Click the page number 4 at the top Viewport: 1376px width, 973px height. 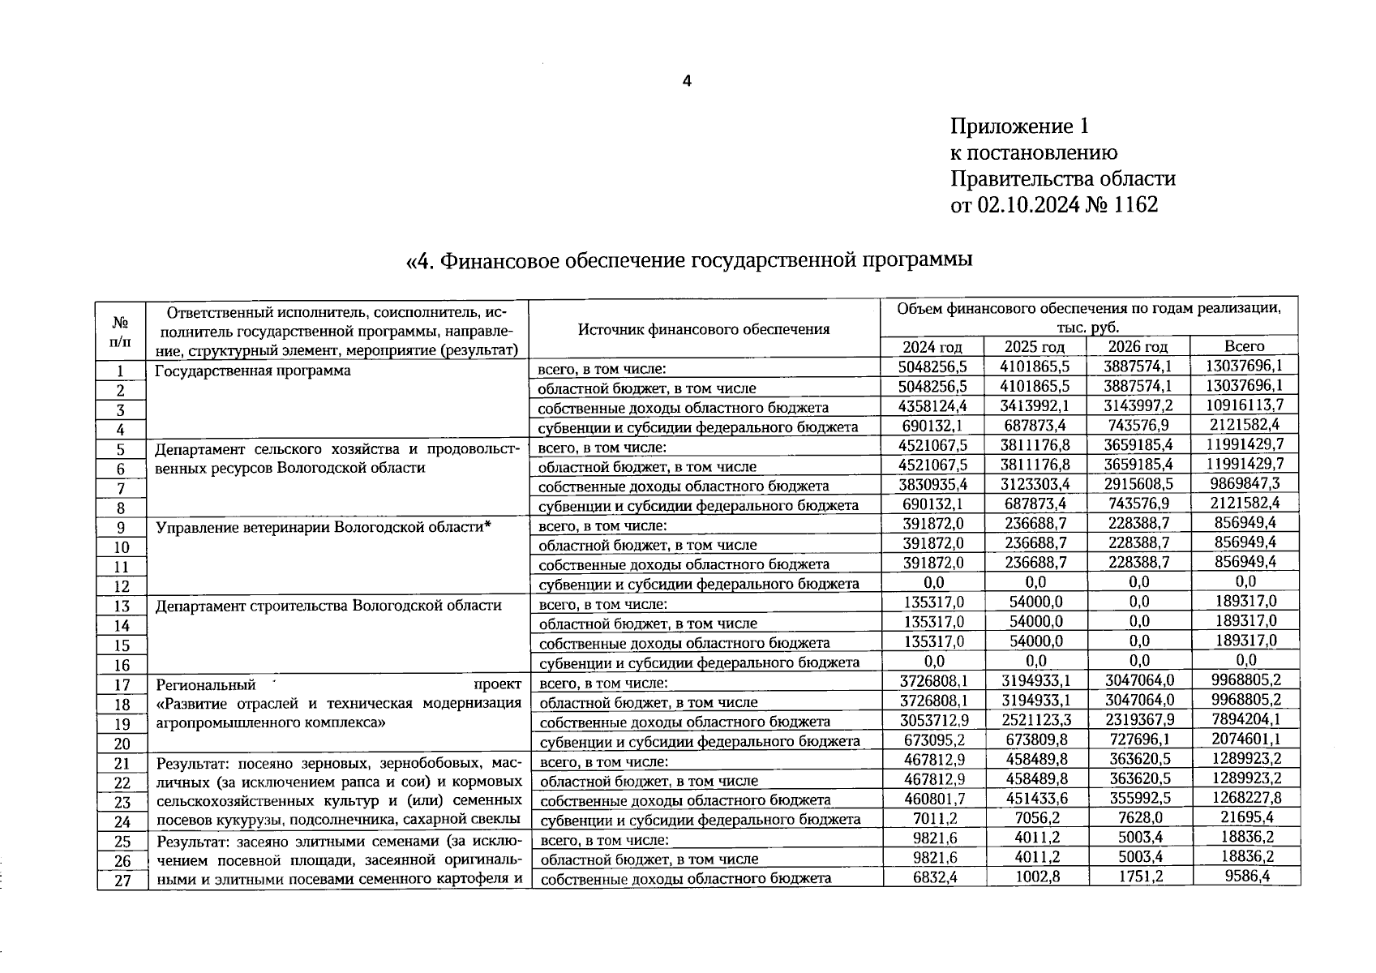point(687,81)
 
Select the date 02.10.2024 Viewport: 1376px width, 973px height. point(1029,204)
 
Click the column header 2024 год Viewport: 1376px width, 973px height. point(932,347)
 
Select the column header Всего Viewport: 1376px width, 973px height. point(1244,346)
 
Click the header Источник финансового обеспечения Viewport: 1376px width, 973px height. point(704,329)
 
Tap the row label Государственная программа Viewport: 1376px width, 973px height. point(253,371)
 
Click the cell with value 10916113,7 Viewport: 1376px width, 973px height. point(1245,405)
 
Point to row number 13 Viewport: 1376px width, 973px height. point(122,606)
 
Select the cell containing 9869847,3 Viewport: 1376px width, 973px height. point(1245,484)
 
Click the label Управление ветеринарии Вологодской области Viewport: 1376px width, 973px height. point(324,528)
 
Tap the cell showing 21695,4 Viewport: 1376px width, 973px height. point(1245,818)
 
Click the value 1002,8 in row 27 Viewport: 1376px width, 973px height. point(1036,877)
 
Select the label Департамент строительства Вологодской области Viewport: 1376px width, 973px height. point(328,606)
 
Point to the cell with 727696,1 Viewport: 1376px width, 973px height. point(1138,739)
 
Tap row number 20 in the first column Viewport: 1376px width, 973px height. point(122,744)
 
